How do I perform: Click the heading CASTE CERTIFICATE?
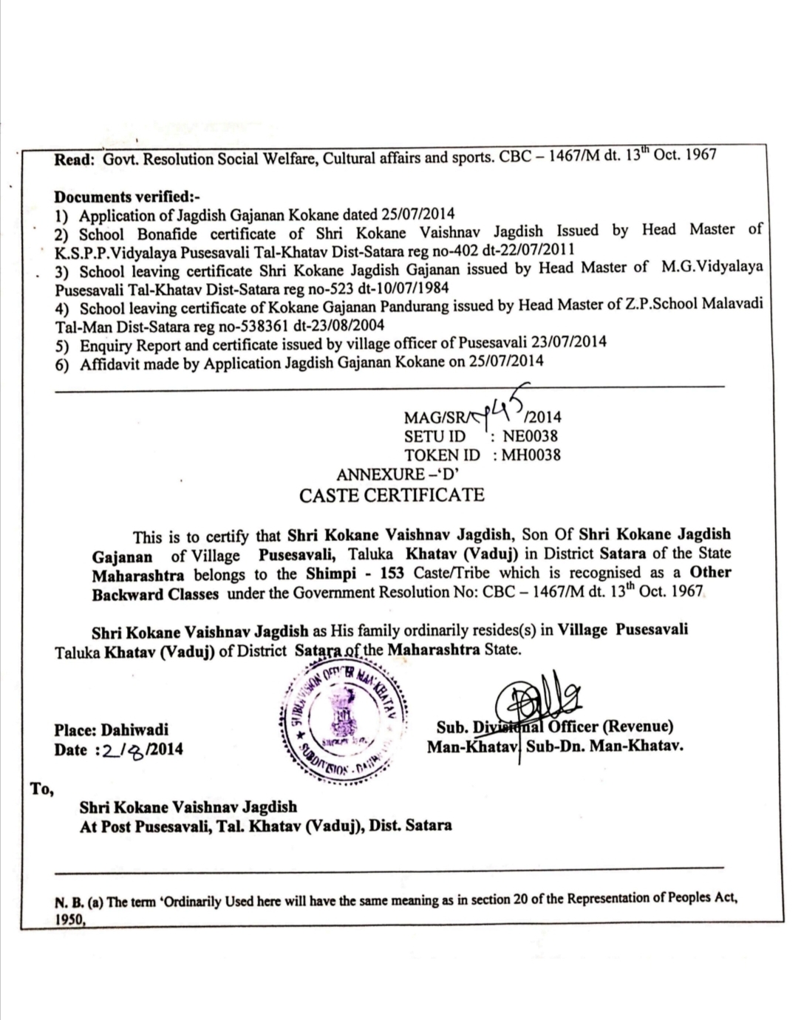[x=392, y=495]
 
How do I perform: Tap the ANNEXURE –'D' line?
[x=399, y=474]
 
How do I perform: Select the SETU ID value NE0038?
[x=530, y=436]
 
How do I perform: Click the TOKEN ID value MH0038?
[x=531, y=455]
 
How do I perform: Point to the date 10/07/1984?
[x=412, y=287]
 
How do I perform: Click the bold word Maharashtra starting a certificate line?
[x=138, y=575]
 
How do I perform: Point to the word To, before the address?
[x=43, y=788]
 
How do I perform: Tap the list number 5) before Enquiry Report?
[x=63, y=345]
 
